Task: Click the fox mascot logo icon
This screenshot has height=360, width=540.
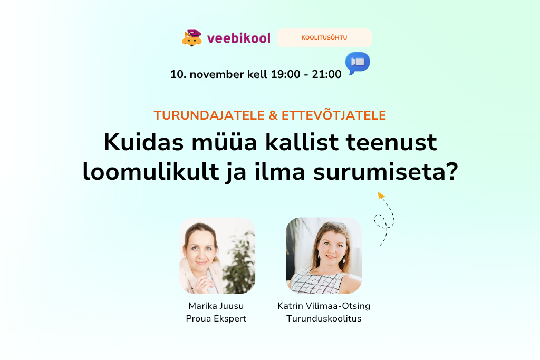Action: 192,37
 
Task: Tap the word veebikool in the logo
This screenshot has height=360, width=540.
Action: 239,38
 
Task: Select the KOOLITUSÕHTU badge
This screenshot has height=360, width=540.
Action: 324,38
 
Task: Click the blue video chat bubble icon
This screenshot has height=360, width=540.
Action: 358,63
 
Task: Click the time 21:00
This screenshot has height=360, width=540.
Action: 327,74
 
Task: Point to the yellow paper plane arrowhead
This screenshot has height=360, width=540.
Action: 381,196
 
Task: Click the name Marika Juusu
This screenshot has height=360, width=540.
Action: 216,306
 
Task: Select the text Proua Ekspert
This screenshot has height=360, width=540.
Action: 216,318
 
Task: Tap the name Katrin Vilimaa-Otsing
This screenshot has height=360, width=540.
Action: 324,306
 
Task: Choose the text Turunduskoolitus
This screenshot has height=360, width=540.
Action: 324,318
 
